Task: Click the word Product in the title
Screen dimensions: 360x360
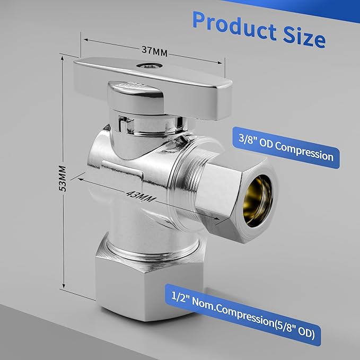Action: point(235,25)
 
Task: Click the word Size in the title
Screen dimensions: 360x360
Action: point(304,36)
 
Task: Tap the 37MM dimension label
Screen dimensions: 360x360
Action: point(154,51)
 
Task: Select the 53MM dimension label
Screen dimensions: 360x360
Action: point(62,179)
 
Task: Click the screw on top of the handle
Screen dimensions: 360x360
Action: point(149,66)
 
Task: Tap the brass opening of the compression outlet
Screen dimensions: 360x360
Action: point(258,201)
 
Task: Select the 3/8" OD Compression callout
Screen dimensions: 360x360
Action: point(286,147)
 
